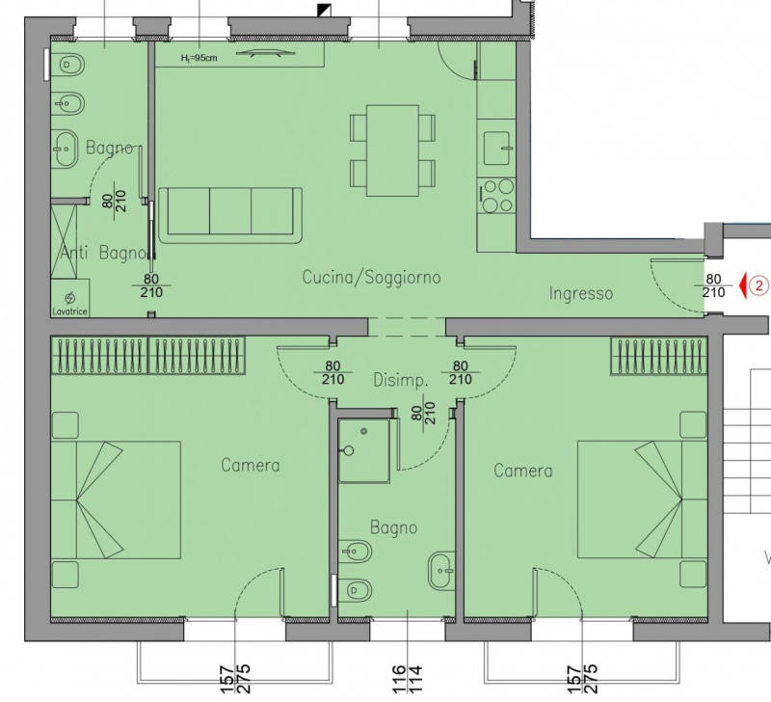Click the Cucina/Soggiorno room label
tap(371, 278)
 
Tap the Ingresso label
tap(581, 294)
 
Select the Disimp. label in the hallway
tap(401, 380)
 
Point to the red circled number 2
tap(759, 285)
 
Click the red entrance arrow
tap(743, 285)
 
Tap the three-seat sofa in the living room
tap(230, 215)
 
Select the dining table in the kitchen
tap(392, 150)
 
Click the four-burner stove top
tap(497, 196)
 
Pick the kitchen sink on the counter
tap(497, 148)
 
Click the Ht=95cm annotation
tap(199, 58)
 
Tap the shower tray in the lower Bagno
tap(364, 450)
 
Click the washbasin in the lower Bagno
tap(441, 571)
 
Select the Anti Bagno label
tap(104, 253)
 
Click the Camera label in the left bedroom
tap(251, 466)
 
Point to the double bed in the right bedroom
tap(642, 499)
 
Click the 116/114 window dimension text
tap(407, 679)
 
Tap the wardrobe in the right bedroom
tap(659, 356)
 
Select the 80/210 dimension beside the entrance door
tap(713, 285)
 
